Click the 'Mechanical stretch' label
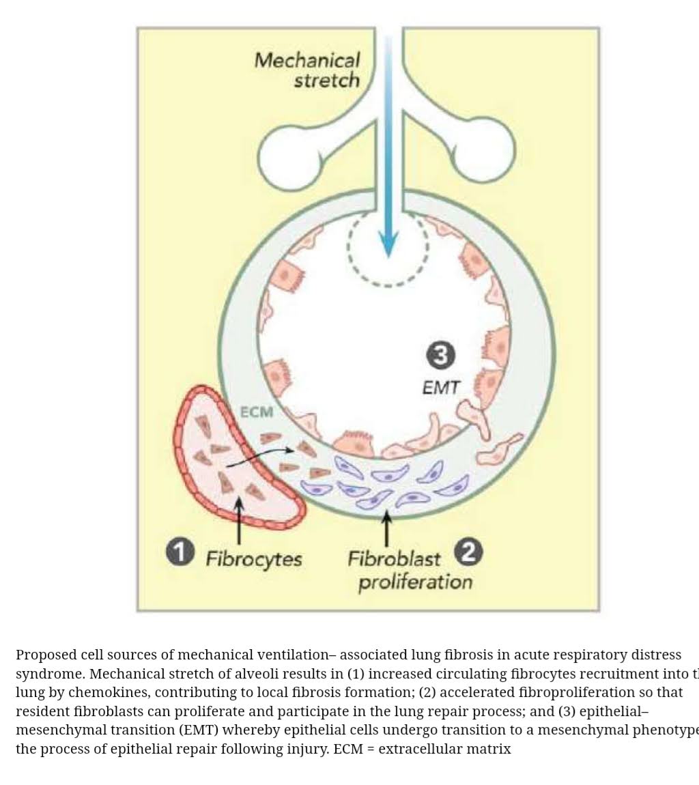(307, 70)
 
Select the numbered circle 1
(180, 552)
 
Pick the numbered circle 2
(468, 552)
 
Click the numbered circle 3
(440, 355)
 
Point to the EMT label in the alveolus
(440, 388)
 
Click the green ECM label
(257, 412)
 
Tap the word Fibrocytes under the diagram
(254, 560)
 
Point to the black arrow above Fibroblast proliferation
(387, 529)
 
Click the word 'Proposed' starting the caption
(46, 655)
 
